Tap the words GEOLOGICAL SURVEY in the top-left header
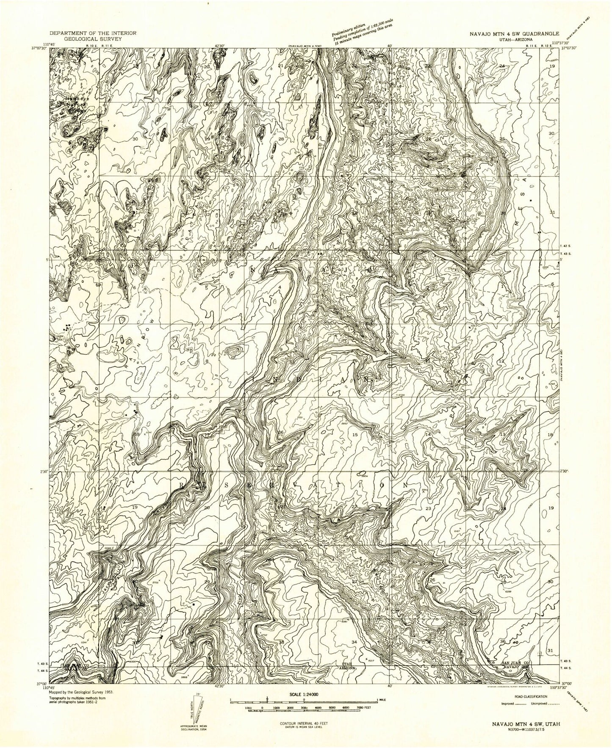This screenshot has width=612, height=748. [x=92, y=38]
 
